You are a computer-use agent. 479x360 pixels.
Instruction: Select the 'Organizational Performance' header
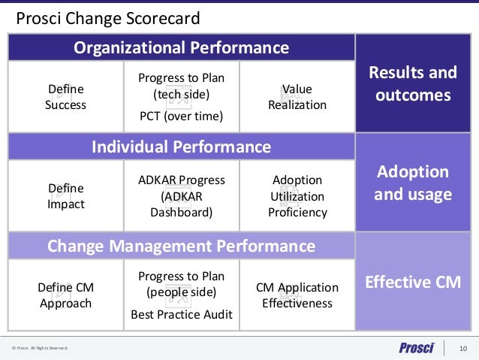pos(181,48)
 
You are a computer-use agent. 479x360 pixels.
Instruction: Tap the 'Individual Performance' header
pos(181,146)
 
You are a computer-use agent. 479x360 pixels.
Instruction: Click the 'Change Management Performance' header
pos(181,246)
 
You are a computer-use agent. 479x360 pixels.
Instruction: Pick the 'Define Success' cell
pos(66,97)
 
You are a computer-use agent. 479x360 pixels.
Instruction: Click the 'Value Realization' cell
pos(297,97)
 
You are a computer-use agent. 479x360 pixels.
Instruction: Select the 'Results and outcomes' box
pos(417,84)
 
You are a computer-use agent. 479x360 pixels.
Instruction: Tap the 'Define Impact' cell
pos(66,196)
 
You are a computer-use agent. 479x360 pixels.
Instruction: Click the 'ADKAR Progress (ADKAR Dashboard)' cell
pos(181,196)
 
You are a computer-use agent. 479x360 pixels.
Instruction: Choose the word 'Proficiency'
pos(297,212)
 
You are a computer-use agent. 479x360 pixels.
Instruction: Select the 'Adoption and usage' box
pos(417,183)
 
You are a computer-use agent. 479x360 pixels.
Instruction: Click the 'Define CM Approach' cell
pos(66,295)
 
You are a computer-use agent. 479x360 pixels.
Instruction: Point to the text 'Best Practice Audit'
pos(181,314)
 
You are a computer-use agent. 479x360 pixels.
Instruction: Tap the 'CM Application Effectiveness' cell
pos(297,295)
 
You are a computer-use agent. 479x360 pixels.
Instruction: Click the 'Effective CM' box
pos(417,283)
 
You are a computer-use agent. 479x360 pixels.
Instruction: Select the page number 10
pos(462,348)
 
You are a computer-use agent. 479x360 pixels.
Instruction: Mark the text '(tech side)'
pos(181,95)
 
